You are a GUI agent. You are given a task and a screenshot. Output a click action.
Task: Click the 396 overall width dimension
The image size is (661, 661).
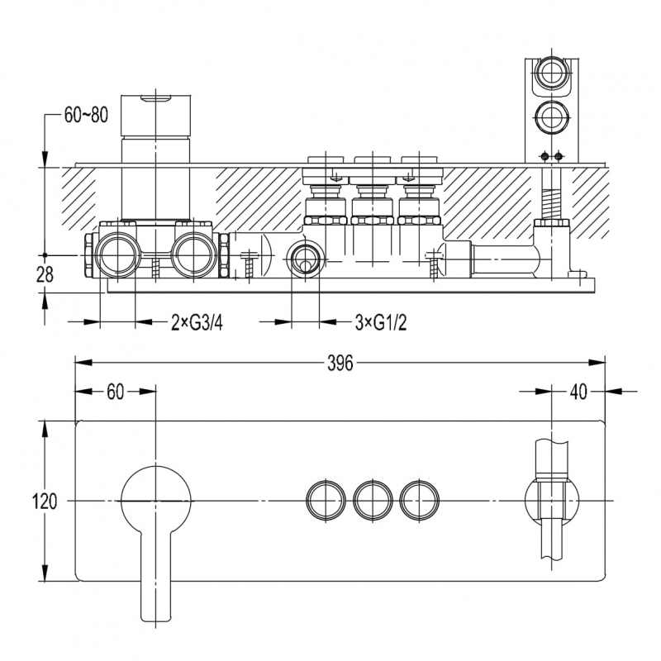coord(340,363)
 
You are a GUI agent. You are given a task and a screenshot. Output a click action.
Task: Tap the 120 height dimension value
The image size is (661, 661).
coord(45,502)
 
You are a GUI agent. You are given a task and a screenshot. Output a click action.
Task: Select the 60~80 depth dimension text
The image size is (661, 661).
coord(86,115)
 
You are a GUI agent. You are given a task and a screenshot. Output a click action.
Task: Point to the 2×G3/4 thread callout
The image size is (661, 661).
coord(197,323)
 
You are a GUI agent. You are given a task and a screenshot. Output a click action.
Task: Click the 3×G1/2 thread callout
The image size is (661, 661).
coord(381,323)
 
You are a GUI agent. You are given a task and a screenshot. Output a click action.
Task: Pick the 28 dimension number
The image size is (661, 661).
coord(45,275)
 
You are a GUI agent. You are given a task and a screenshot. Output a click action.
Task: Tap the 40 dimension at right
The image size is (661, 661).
coord(578,392)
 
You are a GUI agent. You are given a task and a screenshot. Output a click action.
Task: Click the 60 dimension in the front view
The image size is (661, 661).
coord(115,392)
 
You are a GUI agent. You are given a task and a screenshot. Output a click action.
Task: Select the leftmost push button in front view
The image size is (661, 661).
coord(326,500)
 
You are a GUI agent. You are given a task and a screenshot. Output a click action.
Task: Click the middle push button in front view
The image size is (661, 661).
coord(373,500)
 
